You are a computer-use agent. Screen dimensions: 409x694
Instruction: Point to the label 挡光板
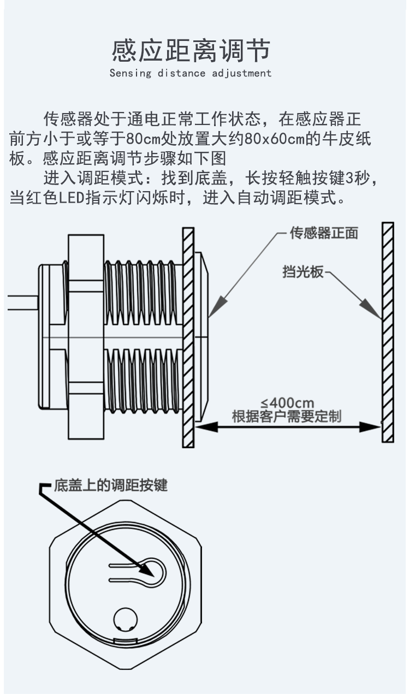(x=303, y=272)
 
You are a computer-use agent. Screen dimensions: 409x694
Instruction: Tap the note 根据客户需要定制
(x=287, y=417)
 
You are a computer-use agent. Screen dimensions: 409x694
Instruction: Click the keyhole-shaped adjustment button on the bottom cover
(x=154, y=571)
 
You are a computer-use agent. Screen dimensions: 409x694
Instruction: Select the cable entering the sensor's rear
(x=22, y=302)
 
